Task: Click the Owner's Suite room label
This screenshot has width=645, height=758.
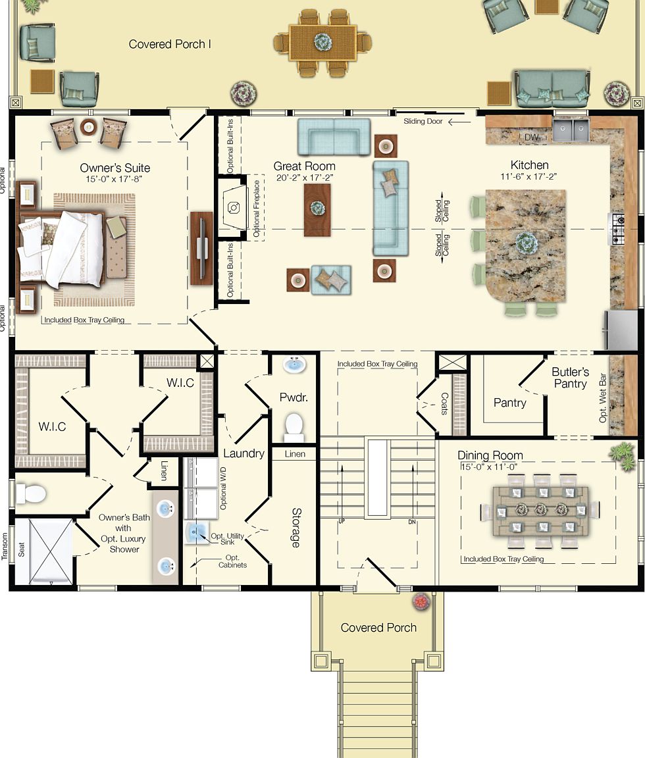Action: coord(115,168)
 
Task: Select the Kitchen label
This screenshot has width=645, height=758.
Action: coord(529,165)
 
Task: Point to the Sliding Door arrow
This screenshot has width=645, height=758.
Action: coord(460,122)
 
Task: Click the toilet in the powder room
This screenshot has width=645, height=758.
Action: coord(294,426)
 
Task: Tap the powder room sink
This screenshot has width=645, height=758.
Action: coord(294,365)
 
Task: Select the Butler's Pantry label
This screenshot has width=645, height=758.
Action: coord(570,378)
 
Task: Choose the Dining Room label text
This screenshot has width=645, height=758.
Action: coord(490,455)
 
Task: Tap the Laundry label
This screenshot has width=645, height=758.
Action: coord(244,453)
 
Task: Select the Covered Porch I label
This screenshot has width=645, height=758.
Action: coord(170,44)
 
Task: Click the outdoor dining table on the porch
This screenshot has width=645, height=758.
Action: coord(323,42)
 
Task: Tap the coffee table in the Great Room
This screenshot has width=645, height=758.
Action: coord(317,209)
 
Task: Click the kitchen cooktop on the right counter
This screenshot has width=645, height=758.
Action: coord(619,228)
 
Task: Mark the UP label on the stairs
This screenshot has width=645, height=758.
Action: coord(342,520)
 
